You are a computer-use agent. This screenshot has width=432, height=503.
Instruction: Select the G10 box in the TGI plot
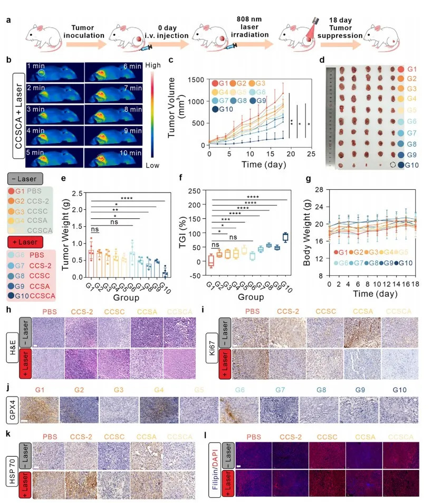pyautogui.click(x=285, y=237)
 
